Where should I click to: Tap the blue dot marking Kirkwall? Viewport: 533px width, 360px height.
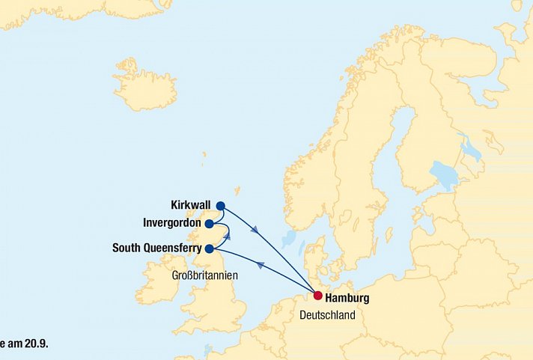[x=220, y=206]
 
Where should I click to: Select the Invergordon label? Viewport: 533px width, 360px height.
[x=173, y=223]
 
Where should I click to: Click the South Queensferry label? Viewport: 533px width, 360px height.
[x=156, y=248]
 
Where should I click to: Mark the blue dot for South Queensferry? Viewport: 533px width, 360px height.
[x=210, y=248]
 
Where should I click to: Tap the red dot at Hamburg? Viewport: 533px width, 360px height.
[x=317, y=296]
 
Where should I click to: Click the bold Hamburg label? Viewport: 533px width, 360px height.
[x=347, y=298]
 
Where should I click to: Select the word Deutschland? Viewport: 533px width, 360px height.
[x=327, y=315]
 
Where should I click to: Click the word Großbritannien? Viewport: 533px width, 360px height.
[x=204, y=275]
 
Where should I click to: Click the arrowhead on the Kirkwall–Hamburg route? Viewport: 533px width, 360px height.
[x=256, y=230]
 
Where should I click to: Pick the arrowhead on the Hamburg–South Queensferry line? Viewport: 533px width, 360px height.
[x=260, y=264]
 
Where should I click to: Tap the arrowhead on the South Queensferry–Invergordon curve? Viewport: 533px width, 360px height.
[x=227, y=235]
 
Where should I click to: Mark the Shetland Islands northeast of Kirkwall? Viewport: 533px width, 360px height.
[x=237, y=191]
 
